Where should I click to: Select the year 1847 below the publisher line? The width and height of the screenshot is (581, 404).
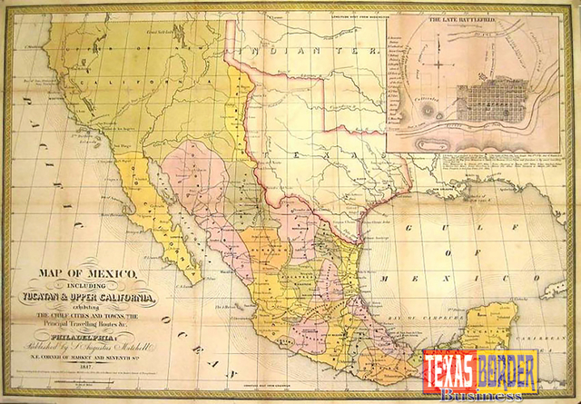click(x=88, y=370)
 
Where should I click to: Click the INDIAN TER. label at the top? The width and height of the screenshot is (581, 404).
click(x=300, y=51)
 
